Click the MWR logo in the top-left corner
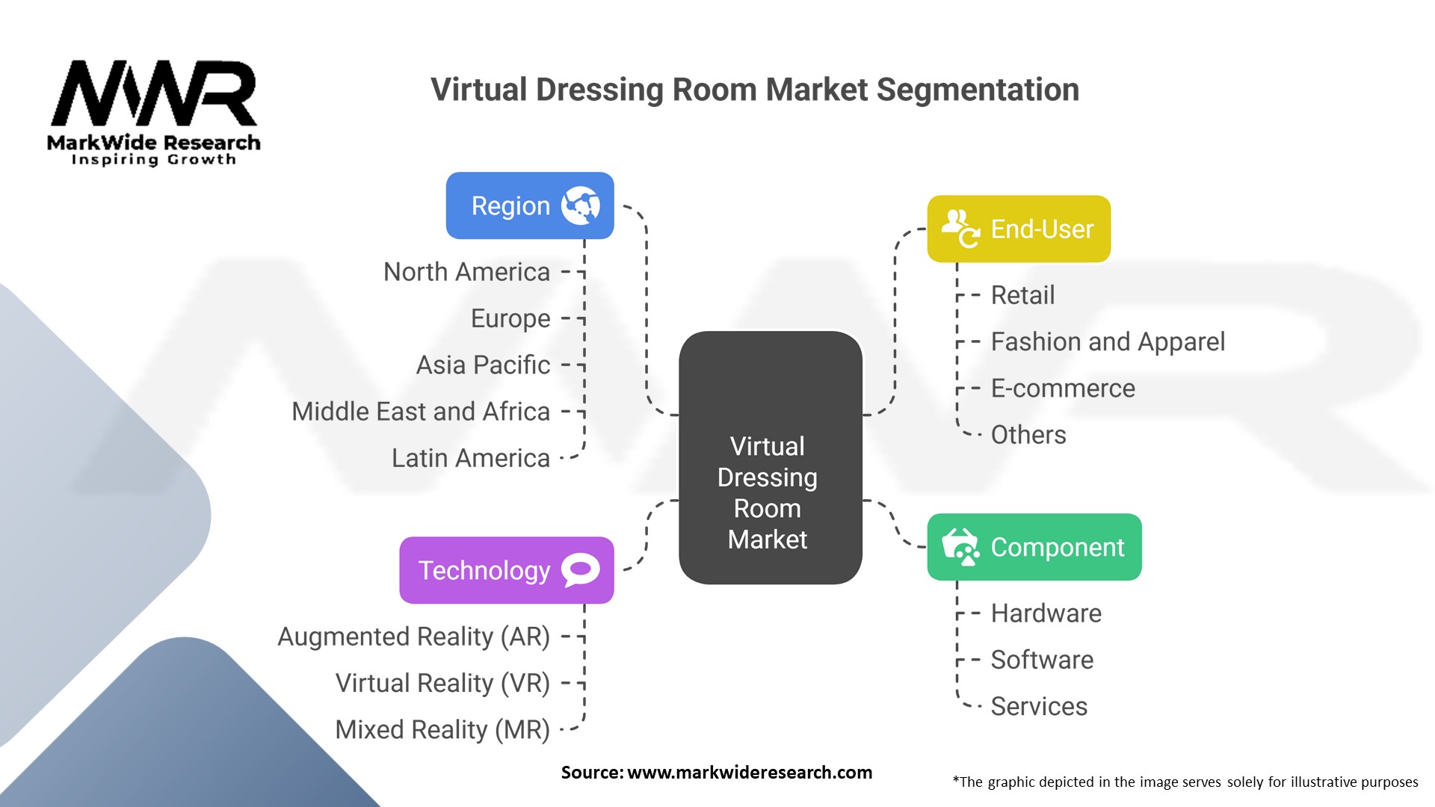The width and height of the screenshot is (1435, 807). [x=154, y=112]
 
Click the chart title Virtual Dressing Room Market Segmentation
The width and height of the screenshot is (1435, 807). [x=755, y=90]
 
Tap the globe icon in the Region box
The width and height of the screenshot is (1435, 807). [x=581, y=205]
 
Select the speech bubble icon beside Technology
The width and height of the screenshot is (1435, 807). [x=581, y=570]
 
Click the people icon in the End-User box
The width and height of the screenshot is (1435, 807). [x=960, y=228]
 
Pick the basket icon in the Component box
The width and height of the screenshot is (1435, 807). [x=960, y=547]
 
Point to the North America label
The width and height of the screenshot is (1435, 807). [x=466, y=272]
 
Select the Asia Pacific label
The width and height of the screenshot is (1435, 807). [x=483, y=365]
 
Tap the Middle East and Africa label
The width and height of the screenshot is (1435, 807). [x=421, y=412]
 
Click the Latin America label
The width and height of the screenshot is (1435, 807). [x=471, y=458]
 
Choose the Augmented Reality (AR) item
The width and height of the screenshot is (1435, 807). [x=413, y=637]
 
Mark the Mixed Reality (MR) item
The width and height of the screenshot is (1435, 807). [x=442, y=729]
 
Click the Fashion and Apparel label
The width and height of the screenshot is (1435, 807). [x=1108, y=341]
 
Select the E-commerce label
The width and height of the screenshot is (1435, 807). [x=1063, y=389]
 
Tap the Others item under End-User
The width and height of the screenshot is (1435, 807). [x=1028, y=435]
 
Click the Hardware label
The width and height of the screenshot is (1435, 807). [x=1046, y=613]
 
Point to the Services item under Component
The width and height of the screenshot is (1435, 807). [x=1039, y=706]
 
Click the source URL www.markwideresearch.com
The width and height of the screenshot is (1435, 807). [x=750, y=773]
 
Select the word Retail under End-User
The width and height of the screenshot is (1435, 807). [x=1022, y=295]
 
